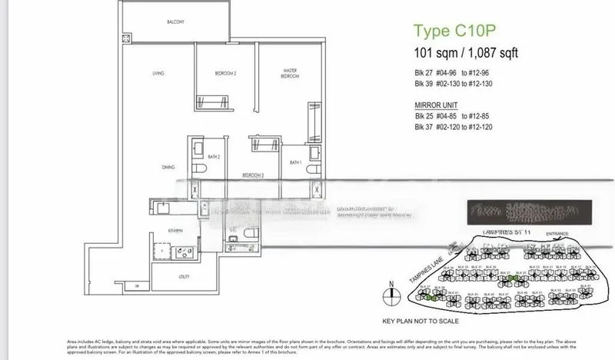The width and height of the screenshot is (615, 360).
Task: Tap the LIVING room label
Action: pos(159,74)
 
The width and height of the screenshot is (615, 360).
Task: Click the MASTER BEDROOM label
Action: pos(289,75)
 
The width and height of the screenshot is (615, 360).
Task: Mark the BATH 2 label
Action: pos(216,157)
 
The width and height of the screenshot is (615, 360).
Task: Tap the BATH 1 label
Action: pos(295,162)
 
